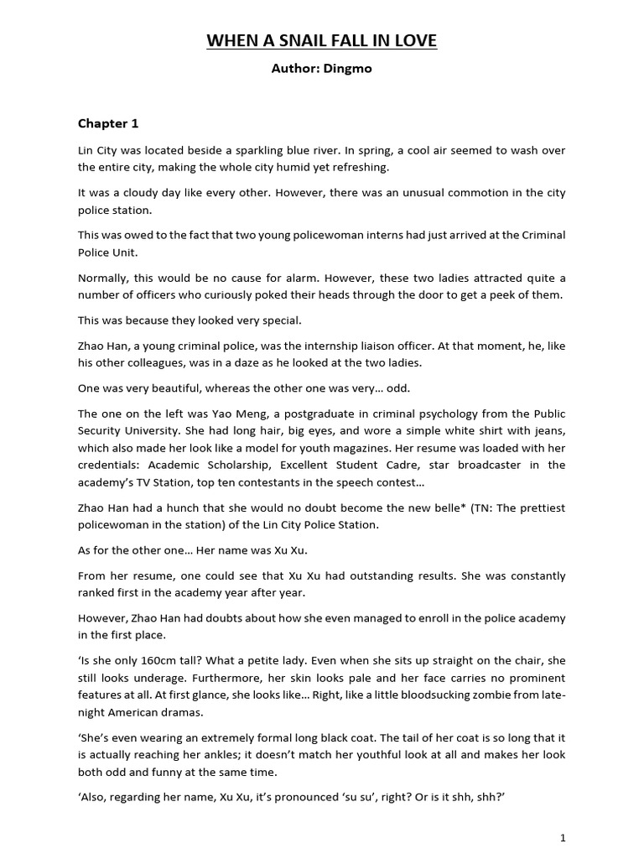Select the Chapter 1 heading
pyautogui.click(x=108, y=123)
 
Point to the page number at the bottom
pyautogui.click(x=563, y=837)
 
